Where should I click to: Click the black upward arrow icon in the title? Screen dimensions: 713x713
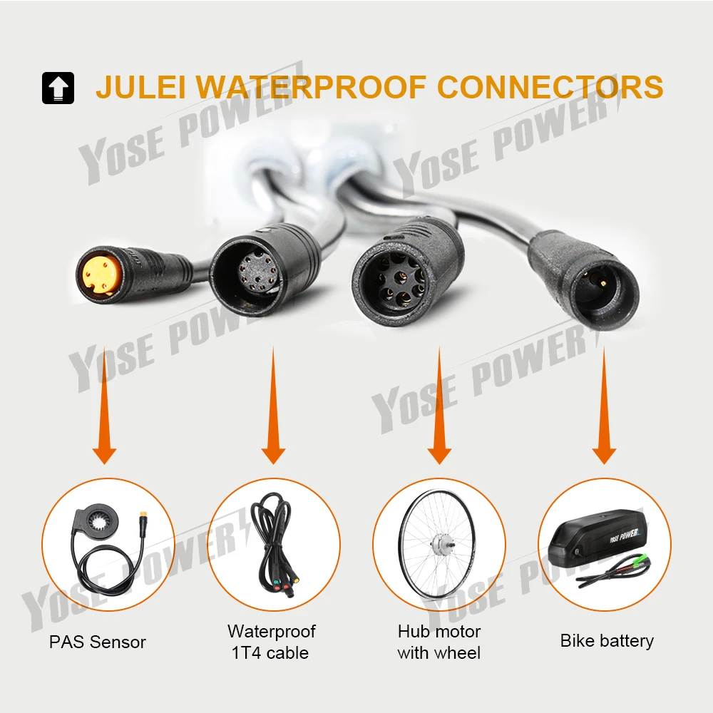[58, 88]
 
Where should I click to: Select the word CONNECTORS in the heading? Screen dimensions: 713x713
[550, 87]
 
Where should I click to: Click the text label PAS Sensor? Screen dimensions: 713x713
[98, 642]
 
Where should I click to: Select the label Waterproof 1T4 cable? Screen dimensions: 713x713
[272, 642]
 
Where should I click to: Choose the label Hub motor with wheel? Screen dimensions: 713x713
[439, 642]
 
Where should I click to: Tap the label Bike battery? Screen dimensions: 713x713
[607, 641]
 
